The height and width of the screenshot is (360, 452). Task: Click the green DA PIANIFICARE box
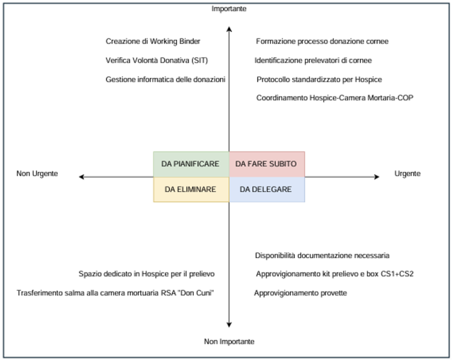[191, 164]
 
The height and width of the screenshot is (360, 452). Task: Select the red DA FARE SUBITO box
[266, 164]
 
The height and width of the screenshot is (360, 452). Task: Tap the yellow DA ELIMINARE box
[191, 189]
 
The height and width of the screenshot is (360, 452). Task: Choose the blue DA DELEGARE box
[266, 189]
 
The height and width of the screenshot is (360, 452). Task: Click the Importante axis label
[229, 9]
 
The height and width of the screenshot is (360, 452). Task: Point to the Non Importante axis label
[229, 341]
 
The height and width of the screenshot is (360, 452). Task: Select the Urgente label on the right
[407, 174]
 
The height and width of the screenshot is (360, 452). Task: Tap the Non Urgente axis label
[37, 174]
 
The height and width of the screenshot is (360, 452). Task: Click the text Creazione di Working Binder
[153, 41]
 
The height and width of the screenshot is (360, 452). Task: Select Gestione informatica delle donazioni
[166, 80]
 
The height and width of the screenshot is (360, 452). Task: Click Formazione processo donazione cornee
[322, 41]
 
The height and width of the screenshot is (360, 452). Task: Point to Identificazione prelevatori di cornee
[313, 61]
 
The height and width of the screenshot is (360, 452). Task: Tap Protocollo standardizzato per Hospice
[319, 80]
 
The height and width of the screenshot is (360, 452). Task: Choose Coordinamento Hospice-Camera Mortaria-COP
[335, 98]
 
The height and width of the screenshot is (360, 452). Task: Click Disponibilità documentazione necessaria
[322, 255]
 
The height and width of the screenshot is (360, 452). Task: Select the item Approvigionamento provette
[300, 293]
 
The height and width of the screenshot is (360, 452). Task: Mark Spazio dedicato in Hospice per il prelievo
[147, 274]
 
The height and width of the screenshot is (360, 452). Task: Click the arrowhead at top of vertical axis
[229, 29]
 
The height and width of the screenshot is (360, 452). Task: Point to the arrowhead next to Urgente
[376, 177]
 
